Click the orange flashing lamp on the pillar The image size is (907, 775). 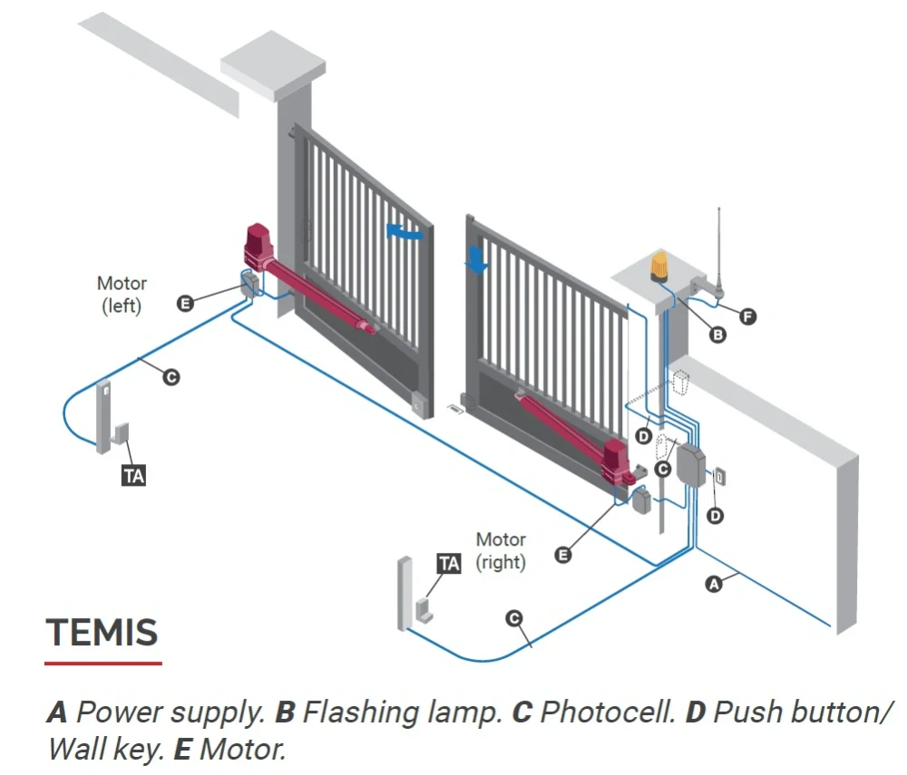tap(659, 266)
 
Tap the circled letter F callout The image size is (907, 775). tap(747, 316)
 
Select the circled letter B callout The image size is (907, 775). tap(717, 334)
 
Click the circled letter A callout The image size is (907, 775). tap(714, 585)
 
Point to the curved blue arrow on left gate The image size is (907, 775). tap(405, 232)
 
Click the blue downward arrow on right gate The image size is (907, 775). tap(477, 260)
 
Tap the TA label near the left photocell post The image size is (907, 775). tap(133, 476)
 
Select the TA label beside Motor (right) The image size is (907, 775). tap(450, 564)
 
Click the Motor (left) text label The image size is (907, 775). tap(122, 295)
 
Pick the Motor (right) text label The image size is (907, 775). tap(501, 551)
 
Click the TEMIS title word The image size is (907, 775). tap(102, 632)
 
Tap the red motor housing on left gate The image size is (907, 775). tap(258, 247)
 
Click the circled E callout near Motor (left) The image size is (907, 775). tap(185, 304)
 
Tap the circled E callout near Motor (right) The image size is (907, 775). tap(563, 556)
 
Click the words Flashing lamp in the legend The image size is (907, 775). tap(403, 712)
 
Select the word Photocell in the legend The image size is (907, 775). tap(608, 712)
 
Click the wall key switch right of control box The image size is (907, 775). tap(719, 477)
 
